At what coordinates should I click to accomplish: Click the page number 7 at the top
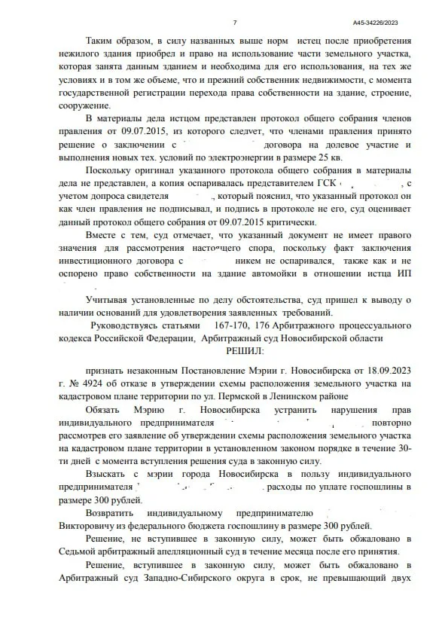tap(235, 23)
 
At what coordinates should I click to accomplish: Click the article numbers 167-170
tap(230, 326)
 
